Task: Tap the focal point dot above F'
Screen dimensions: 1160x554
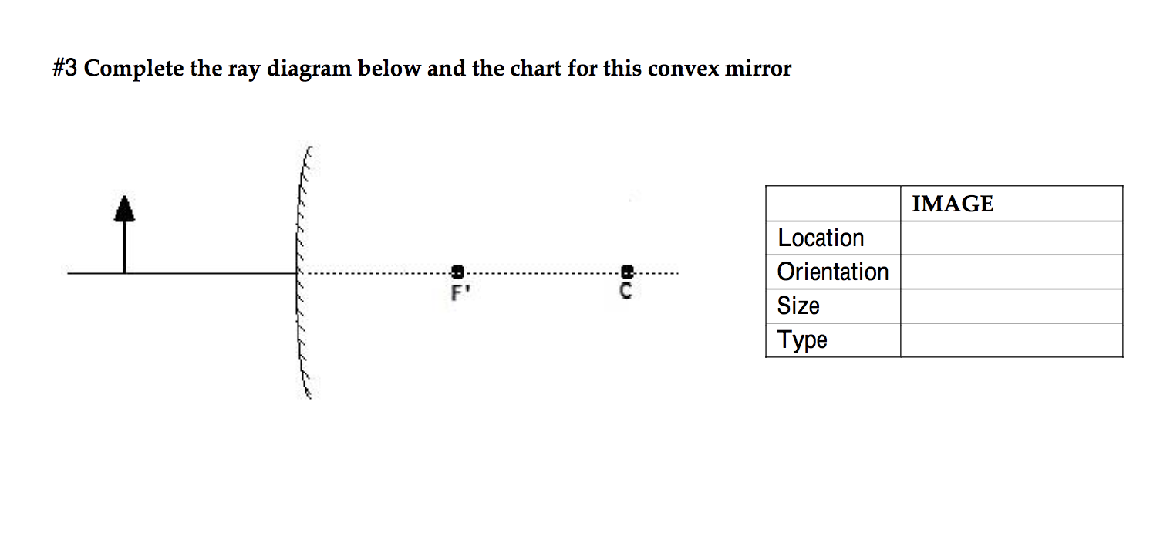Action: [457, 272]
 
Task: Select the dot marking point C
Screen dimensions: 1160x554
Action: [627, 272]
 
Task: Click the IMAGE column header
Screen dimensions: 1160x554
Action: [952, 204]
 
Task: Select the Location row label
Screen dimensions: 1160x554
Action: [821, 238]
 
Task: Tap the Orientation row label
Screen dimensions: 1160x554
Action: [832, 272]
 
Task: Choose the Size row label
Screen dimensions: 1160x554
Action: [798, 306]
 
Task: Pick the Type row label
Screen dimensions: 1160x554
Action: [802, 339]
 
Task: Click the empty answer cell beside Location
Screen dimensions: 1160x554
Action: [1010, 238]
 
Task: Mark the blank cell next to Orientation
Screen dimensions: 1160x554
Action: [1010, 272]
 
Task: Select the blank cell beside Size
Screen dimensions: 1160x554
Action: [1010, 306]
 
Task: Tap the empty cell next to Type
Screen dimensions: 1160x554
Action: [1010, 339]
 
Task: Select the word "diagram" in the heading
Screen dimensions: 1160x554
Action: [308, 69]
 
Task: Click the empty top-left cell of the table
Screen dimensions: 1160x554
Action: [833, 204]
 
